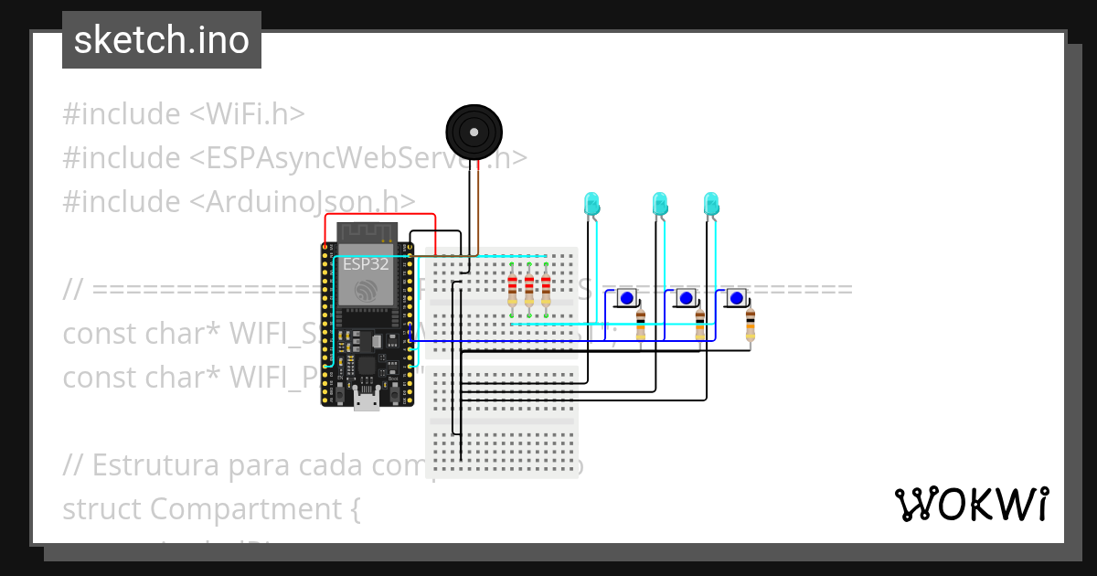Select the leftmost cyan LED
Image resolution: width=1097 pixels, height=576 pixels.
click(591, 204)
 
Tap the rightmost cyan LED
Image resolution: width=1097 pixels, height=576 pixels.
click(711, 204)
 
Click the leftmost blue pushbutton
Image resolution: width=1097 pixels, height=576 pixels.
click(627, 298)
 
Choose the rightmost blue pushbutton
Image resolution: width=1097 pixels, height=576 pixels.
click(736, 298)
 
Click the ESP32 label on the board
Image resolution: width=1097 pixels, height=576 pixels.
click(367, 264)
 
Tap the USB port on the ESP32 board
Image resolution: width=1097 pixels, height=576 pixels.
click(367, 400)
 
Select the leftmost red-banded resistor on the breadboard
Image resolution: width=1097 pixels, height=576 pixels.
click(512, 290)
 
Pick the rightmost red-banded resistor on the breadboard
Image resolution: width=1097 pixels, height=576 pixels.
click(546, 290)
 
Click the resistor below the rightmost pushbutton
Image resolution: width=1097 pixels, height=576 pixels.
click(751, 324)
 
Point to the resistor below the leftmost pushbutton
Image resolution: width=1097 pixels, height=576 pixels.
click(640, 324)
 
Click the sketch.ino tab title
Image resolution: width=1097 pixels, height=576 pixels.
click(162, 40)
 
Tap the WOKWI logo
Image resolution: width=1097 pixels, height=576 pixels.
click(971, 505)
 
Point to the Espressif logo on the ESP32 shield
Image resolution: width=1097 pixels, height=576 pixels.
click(366, 291)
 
